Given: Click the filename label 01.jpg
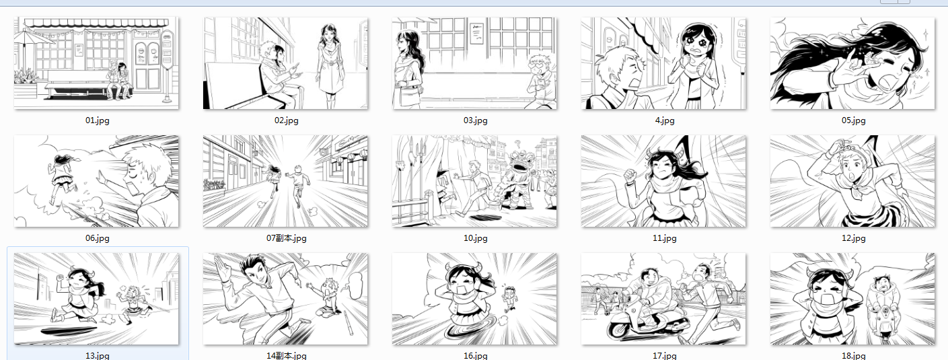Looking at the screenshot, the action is (x=98, y=120).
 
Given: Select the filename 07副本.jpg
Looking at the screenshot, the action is (x=286, y=238).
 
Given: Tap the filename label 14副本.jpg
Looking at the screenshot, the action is (x=286, y=355).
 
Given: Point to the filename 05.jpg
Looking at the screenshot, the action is (x=853, y=120).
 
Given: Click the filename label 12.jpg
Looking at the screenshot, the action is (x=853, y=238).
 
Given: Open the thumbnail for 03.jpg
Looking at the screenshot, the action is (x=474, y=63).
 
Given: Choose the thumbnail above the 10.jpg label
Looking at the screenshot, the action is (x=474, y=181).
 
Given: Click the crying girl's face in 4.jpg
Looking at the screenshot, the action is (x=695, y=42).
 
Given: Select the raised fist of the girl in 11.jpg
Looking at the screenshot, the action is (x=631, y=175).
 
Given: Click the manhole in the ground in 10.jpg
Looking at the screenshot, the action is (x=483, y=218).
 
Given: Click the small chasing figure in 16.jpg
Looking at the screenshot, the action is (x=509, y=299).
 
